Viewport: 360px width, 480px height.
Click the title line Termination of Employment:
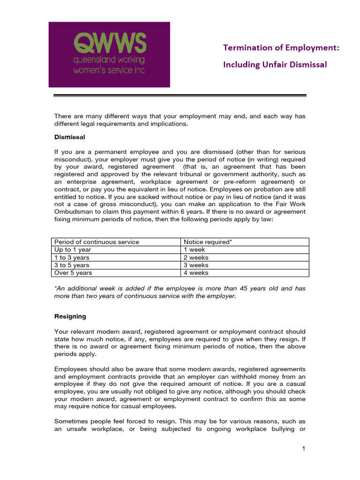point(280,47)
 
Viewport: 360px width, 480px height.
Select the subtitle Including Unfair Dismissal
point(275,64)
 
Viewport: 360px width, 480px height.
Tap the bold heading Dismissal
point(69,137)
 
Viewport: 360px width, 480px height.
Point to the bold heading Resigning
point(70,316)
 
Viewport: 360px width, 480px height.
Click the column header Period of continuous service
point(97,242)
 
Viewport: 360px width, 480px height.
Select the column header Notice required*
point(208,242)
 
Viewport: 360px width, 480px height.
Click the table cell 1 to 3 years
point(72,257)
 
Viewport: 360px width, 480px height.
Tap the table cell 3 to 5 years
point(72,265)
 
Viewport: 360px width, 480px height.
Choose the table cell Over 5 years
point(74,272)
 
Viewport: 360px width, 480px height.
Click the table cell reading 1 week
point(195,250)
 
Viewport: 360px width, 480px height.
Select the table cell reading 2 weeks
point(196,257)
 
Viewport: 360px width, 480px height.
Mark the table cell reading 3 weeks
point(196,265)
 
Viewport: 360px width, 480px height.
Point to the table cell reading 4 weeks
point(196,272)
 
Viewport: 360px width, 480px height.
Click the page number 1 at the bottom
point(304,449)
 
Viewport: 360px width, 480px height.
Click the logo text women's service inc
point(109,70)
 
